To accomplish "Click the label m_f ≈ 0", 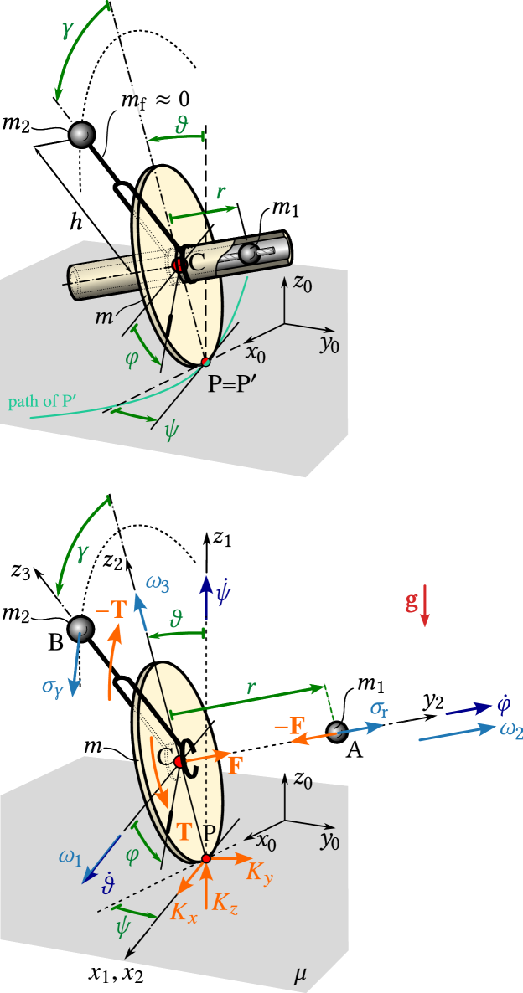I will coord(157,101).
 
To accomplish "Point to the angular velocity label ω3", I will coord(158,583).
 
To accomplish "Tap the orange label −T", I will coord(111,610).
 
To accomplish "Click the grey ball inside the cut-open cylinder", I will coord(249,253).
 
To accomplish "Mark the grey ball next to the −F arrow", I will coord(337,732).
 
